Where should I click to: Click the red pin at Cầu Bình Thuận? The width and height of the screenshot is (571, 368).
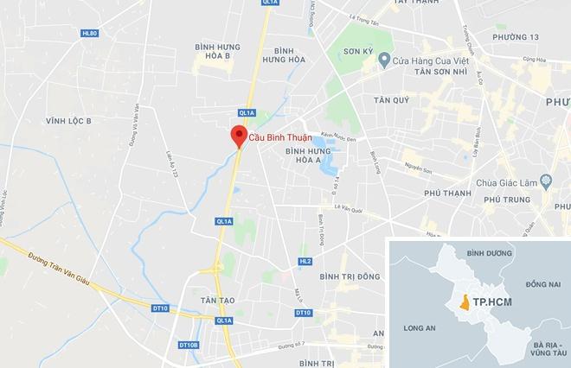(x=236, y=136)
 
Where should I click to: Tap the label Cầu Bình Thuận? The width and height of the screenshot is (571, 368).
(x=280, y=135)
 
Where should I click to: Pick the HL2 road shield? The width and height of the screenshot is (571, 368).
(x=305, y=260)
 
